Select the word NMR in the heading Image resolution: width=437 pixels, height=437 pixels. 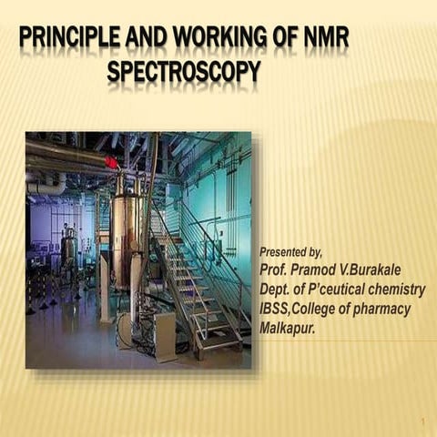[x=324, y=39]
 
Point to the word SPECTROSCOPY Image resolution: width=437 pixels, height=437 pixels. [x=183, y=70]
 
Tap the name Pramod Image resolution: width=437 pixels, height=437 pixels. [x=317, y=270]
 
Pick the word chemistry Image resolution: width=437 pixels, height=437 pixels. [x=398, y=290]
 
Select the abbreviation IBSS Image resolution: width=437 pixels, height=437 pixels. [x=277, y=310]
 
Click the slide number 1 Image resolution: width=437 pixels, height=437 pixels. [x=423, y=422]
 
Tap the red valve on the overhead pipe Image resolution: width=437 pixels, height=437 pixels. [x=111, y=162]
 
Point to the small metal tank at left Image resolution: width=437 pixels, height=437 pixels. [x=69, y=246]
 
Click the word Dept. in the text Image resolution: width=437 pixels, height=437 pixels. [x=278, y=290]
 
